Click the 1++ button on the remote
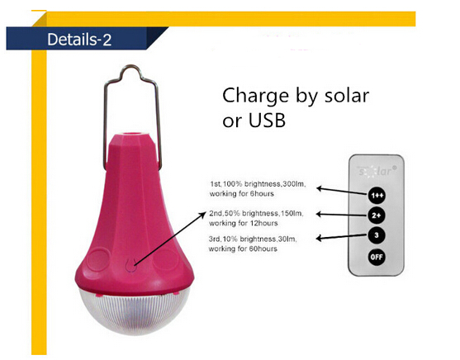click(377, 195)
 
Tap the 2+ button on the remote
click(377, 216)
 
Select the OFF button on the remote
click(377, 257)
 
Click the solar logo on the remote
click(376, 171)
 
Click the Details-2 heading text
click(79, 40)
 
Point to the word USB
click(267, 121)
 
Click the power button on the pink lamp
click(130, 265)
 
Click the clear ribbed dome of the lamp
click(133, 312)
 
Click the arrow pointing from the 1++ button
click(342, 191)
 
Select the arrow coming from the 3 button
click(341, 236)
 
